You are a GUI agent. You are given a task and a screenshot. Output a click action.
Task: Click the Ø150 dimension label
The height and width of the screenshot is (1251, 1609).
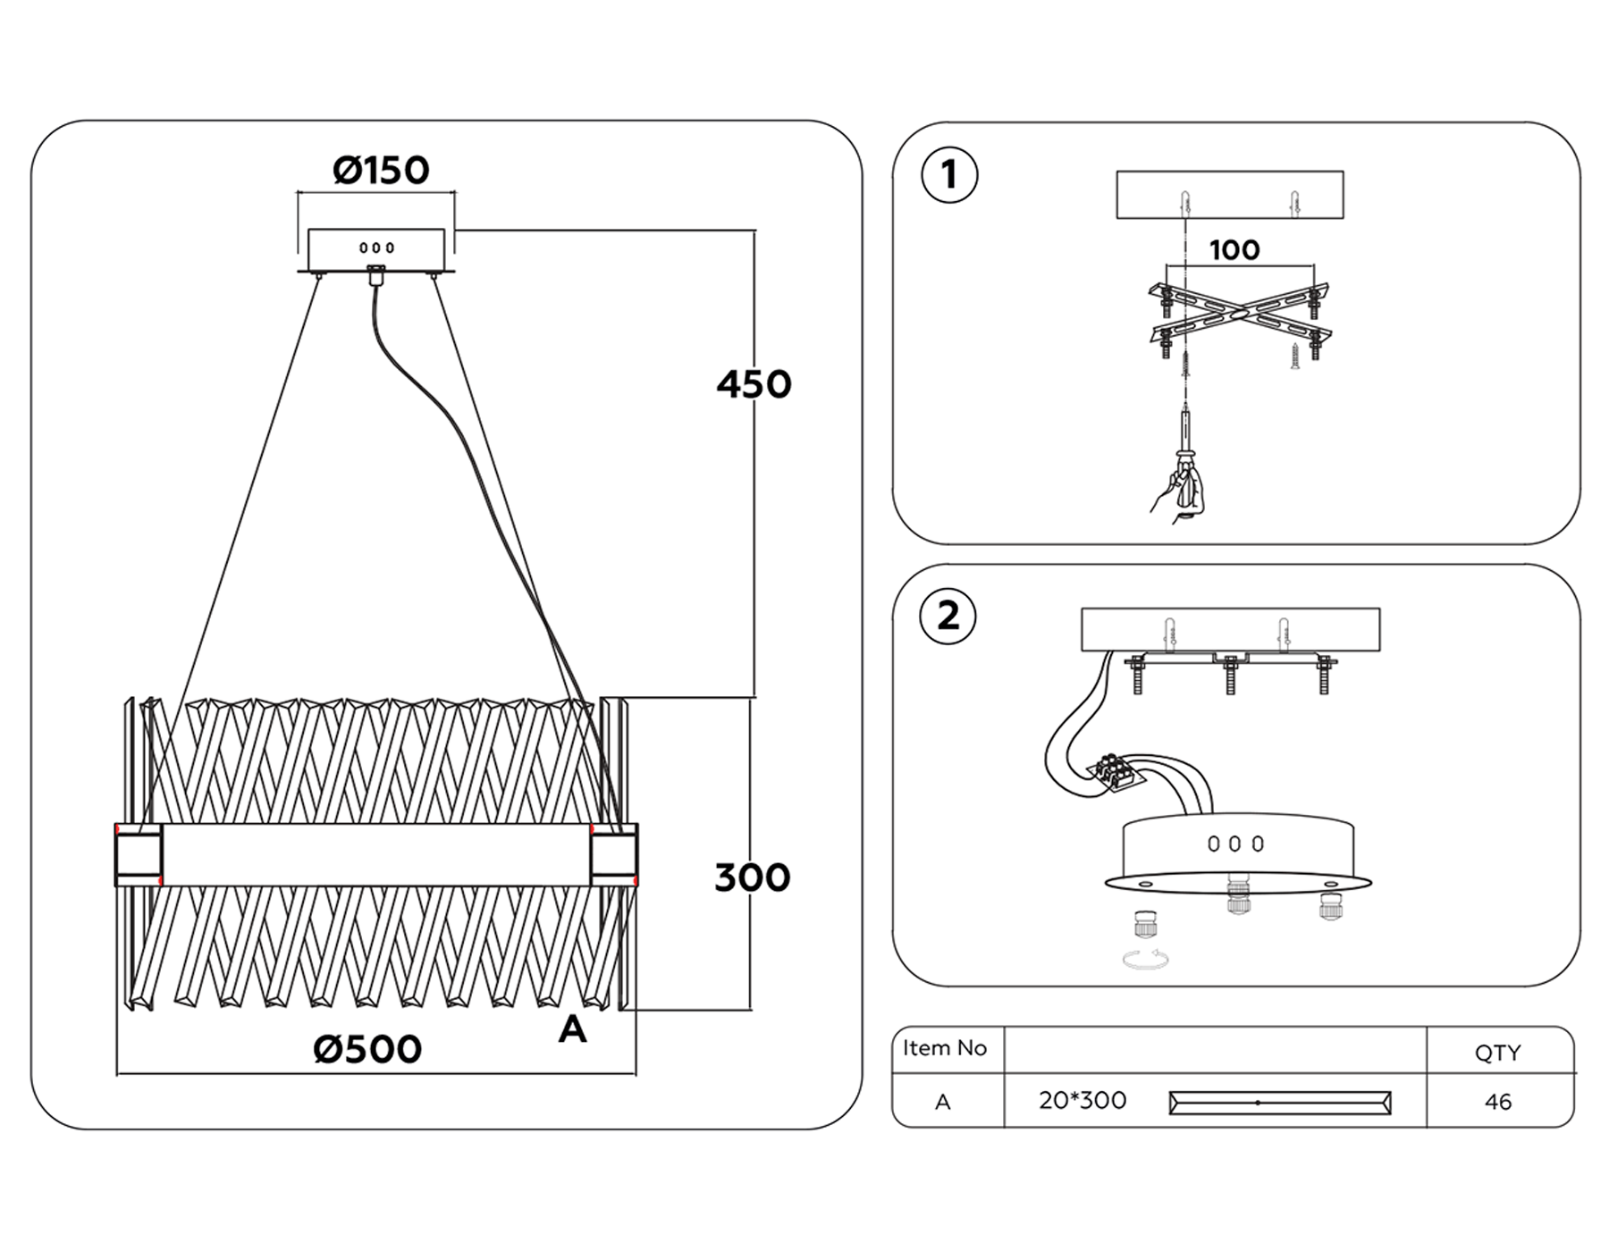point(381,171)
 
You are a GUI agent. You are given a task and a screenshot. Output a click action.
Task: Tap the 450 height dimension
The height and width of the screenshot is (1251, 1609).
point(754,385)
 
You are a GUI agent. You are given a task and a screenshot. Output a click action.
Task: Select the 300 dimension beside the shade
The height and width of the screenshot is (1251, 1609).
point(752,878)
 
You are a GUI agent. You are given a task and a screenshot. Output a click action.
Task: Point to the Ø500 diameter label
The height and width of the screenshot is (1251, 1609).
point(367,1050)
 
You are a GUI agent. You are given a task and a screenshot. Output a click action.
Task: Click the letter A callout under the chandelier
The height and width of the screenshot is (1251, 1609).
point(572,1030)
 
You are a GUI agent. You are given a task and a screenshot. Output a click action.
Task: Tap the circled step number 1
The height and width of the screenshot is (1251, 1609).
point(949,175)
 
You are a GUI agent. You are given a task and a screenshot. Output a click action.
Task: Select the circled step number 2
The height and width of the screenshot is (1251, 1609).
point(948,616)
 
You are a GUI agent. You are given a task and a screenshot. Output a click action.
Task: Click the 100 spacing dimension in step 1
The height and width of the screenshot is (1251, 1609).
point(1234,250)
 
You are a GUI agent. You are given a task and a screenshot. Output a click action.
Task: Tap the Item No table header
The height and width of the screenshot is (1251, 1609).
point(944,1048)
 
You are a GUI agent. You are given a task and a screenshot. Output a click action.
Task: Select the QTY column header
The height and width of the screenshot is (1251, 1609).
point(1497,1054)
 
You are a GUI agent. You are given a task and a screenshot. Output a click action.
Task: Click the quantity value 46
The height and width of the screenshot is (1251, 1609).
point(1497,1103)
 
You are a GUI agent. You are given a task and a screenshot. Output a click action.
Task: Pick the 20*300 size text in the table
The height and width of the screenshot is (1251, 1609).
point(1082,1101)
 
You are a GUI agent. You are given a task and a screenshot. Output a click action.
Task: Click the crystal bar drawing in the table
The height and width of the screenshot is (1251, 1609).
point(1279,1103)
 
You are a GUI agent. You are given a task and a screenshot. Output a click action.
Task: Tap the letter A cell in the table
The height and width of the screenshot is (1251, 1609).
point(942,1103)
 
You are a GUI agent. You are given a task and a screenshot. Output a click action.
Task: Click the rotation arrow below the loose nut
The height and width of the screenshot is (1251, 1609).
point(1147,961)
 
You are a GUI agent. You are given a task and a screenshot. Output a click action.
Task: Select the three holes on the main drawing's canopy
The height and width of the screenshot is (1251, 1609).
point(376,248)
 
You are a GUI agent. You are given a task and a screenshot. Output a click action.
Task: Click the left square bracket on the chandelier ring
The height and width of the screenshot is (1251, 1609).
point(139,855)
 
